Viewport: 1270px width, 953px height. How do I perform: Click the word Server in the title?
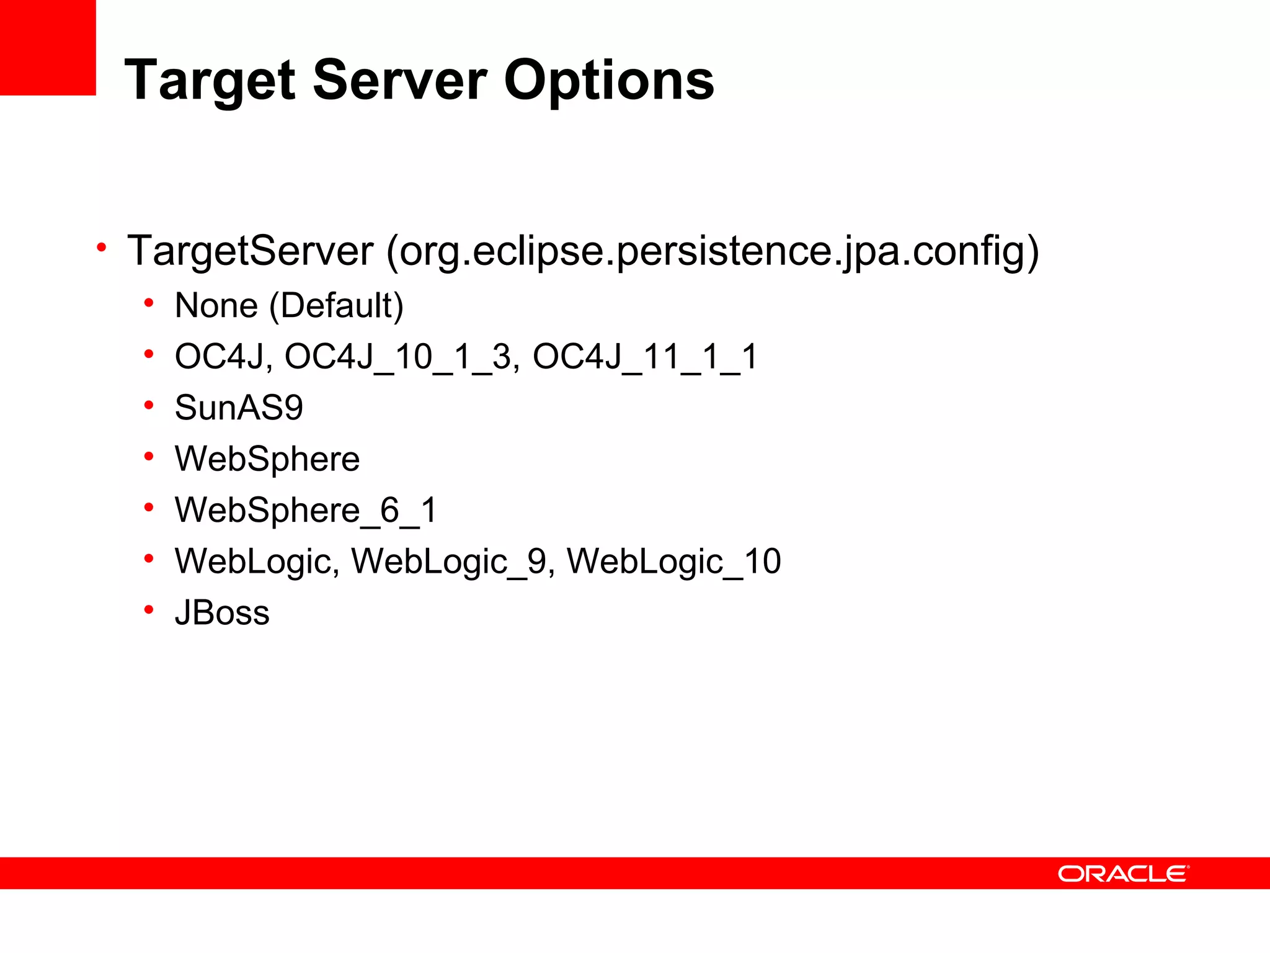(400, 81)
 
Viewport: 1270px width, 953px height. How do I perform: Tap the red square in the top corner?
(47, 47)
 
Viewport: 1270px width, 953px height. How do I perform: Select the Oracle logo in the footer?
(1123, 874)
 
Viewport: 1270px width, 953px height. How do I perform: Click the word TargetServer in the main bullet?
(250, 251)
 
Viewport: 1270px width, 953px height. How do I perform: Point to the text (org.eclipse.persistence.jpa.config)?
(713, 252)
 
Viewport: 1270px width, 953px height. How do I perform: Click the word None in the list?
(216, 305)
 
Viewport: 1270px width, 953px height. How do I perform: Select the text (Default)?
(336, 306)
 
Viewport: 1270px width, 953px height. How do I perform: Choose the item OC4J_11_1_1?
(645, 357)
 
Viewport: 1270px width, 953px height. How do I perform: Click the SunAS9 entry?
(239, 408)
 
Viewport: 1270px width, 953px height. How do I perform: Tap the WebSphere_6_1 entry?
(306, 510)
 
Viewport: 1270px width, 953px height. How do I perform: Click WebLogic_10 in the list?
(673, 562)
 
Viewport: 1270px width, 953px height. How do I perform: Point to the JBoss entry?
(222, 613)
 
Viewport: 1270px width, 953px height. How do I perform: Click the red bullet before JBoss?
(148, 610)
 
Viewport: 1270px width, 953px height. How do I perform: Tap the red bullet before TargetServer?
(102, 248)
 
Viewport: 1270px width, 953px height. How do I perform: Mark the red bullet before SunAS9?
(148, 405)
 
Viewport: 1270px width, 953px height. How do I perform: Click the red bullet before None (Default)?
(148, 303)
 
